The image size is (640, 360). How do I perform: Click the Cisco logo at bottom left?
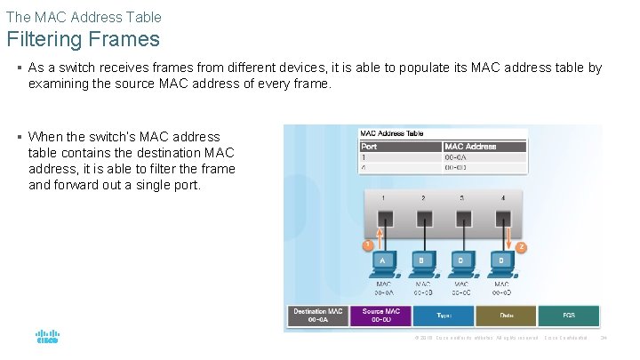[47, 337]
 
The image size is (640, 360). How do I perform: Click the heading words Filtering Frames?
[84, 39]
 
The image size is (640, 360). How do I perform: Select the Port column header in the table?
[370, 146]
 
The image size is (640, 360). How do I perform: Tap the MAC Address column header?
[470, 146]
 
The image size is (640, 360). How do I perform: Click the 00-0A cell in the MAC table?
[456, 156]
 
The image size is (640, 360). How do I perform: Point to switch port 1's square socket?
[385, 218]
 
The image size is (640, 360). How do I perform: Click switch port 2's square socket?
[423, 218]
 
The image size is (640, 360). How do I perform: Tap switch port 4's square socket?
[501, 218]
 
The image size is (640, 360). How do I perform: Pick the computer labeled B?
[423, 263]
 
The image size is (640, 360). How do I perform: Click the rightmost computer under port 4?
[501, 263]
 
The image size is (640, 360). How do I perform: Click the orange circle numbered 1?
[364, 244]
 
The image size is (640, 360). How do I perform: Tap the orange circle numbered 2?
[522, 246]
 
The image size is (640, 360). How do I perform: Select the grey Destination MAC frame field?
[317, 316]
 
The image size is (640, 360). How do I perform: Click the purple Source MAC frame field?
[380, 316]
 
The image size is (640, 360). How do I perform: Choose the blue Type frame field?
[444, 316]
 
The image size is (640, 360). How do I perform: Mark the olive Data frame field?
[506, 316]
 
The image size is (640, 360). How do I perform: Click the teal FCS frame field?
[569, 316]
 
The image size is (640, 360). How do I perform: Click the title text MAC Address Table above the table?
[391, 134]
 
